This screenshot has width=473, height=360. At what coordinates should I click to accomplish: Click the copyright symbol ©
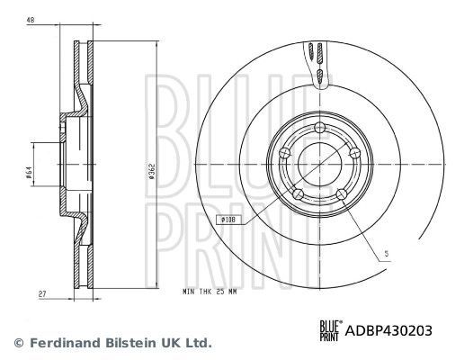point(16,343)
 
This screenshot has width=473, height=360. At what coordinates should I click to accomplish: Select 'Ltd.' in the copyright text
point(198,343)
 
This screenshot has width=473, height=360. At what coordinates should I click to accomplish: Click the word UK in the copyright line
point(167,343)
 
